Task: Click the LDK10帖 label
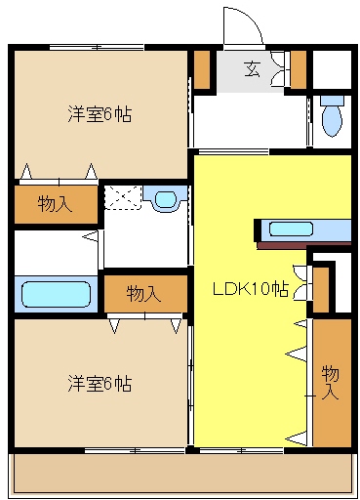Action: (x=251, y=289)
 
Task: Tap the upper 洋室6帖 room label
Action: (x=100, y=114)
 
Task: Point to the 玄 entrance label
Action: (x=252, y=68)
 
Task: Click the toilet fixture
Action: (x=333, y=117)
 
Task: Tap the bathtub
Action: (x=55, y=293)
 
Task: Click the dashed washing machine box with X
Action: (x=122, y=197)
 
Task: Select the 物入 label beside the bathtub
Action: (x=144, y=293)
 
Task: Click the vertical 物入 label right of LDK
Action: (x=331, y=381)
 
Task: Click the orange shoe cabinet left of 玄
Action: (x=201, y=68)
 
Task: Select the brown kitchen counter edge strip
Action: (x=304, y=242)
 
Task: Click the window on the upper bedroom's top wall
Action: (x=98, y=45)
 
